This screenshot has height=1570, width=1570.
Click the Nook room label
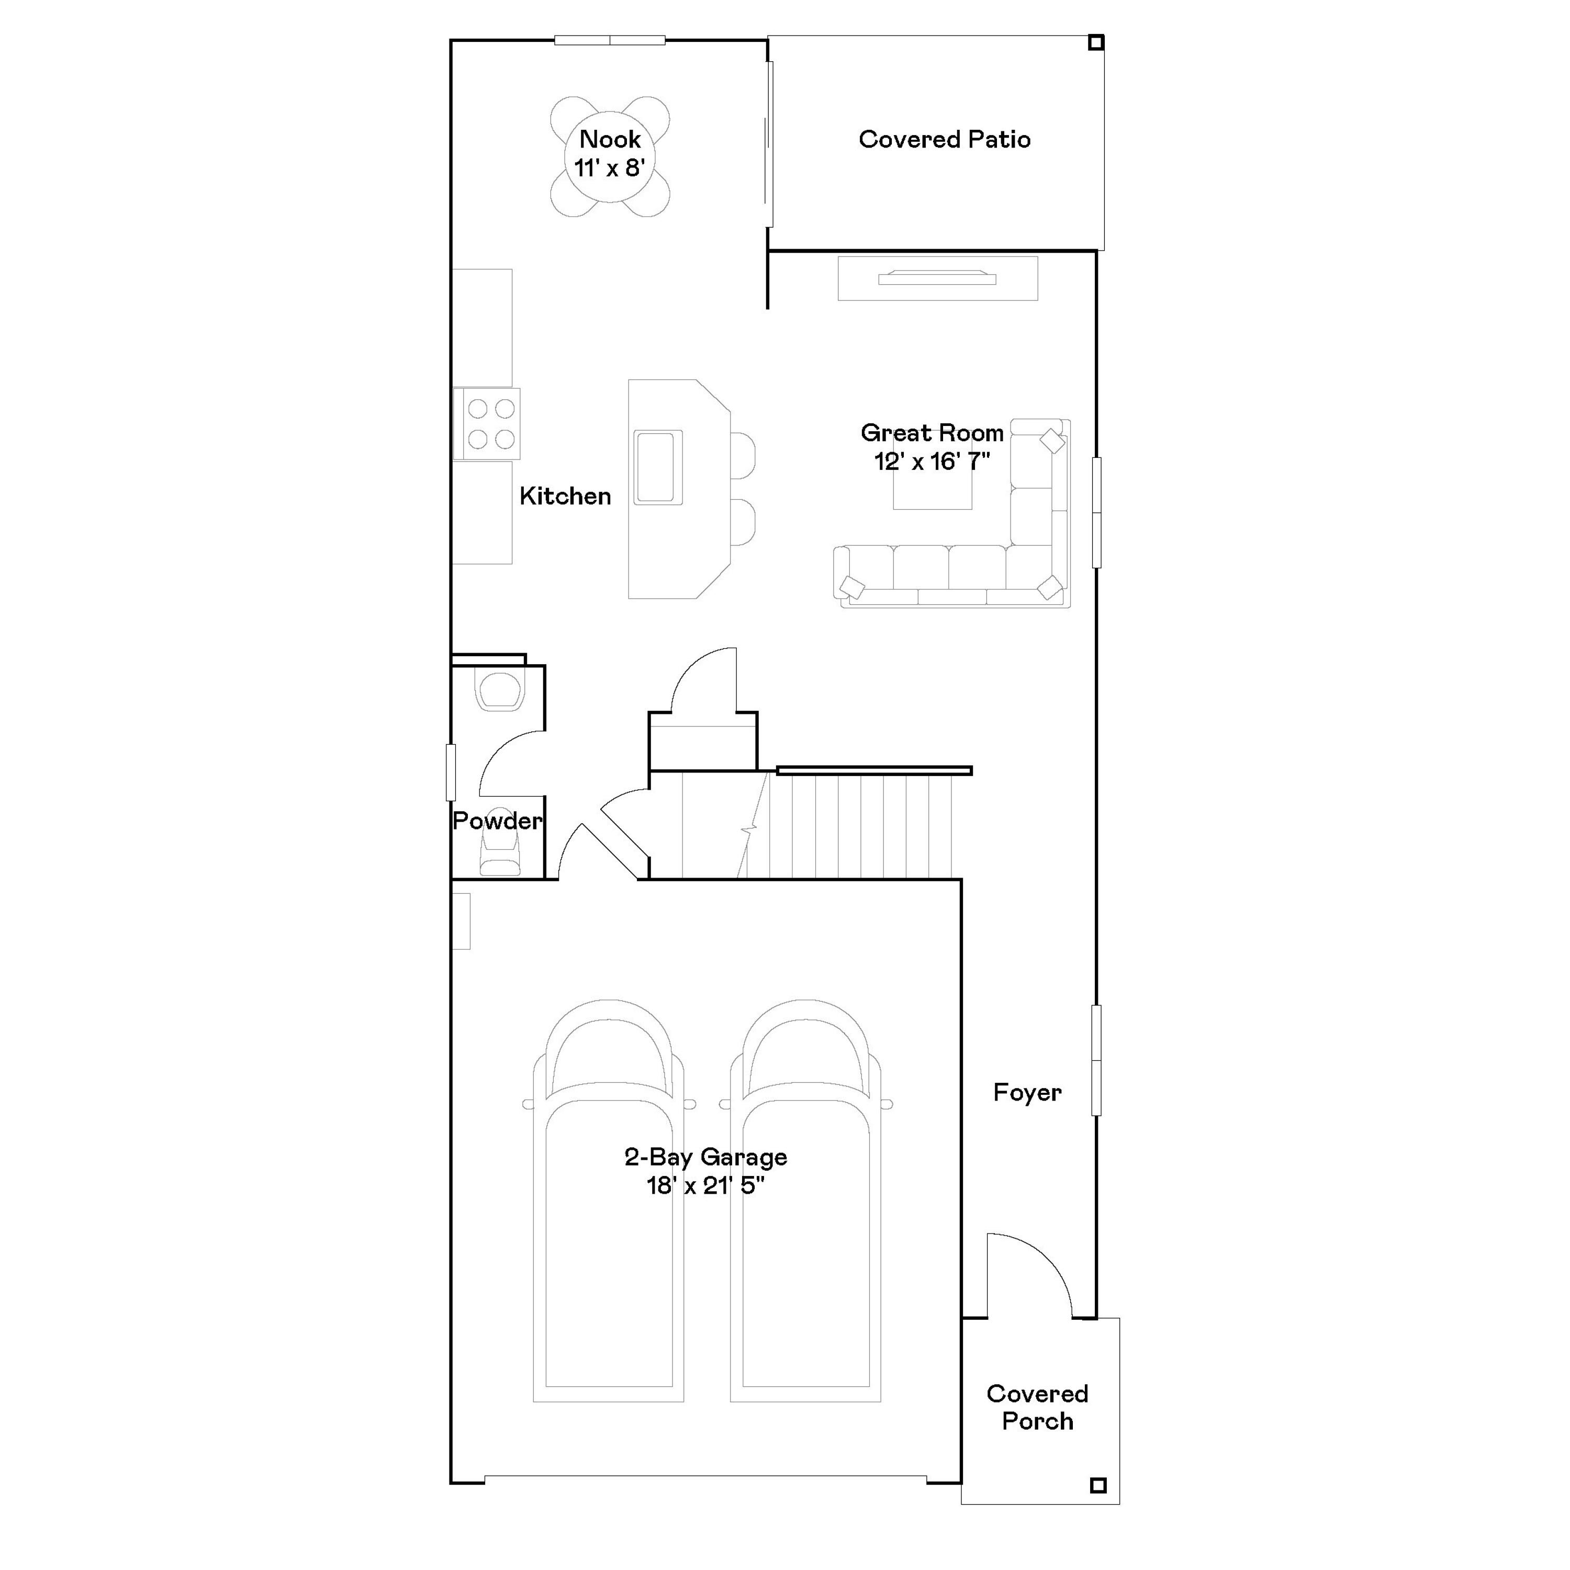click(x=610, y=139)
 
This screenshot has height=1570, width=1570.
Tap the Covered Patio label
click(x=944, y=140)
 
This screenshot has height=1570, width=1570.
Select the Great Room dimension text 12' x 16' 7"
click(x=932, y=462)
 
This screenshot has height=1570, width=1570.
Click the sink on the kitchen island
click(x=657, y=467)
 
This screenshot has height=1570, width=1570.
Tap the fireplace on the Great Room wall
click(x=937, y=278)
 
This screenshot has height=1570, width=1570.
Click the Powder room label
click(x=497, y=821)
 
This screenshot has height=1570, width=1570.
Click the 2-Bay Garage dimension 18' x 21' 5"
click(x=705, y=1186)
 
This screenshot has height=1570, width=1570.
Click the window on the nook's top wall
click(x=610, y=40)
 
